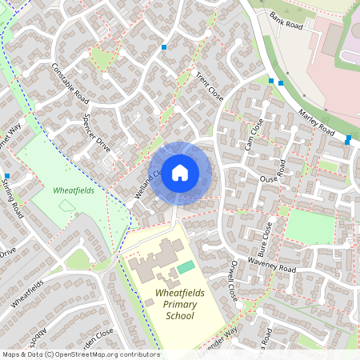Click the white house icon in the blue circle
point(180,173)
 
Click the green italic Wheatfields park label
point(73,191)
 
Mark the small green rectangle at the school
point(186,266)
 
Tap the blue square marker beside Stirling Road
point(6,176)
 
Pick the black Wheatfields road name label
point(28,295)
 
